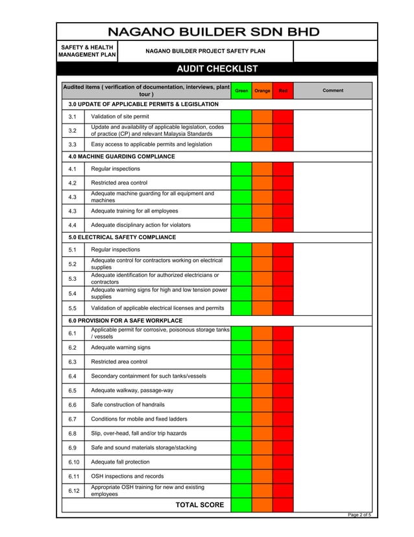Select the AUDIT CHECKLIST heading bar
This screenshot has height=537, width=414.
(x=217, y=70)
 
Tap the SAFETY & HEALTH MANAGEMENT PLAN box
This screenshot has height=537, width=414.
(x=88, y=51)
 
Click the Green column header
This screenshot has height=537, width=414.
(x=241, y=91)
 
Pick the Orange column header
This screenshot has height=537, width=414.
(x=262, y=91)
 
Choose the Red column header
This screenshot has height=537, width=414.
(x=283, y=91)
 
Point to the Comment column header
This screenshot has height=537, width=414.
(x=333, y=91)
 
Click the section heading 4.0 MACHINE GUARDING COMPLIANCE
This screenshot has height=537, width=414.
(x=122, y=157)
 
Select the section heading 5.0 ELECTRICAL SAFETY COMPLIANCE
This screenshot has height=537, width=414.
(x=122, y=237)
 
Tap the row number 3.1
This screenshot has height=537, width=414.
(x=73, y=116)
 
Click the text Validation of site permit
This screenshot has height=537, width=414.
(x=120, y=116)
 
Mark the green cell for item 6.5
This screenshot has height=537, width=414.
(x=241, y=391)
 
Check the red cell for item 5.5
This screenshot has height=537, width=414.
(x=283, y=308)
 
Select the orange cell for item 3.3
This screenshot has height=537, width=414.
(x=262, y=144)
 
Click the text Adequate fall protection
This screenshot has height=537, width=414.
(x=120, y=462)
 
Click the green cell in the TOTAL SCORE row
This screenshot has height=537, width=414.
(x=241, y=505)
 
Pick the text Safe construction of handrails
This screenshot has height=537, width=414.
(x=128, y=405)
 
